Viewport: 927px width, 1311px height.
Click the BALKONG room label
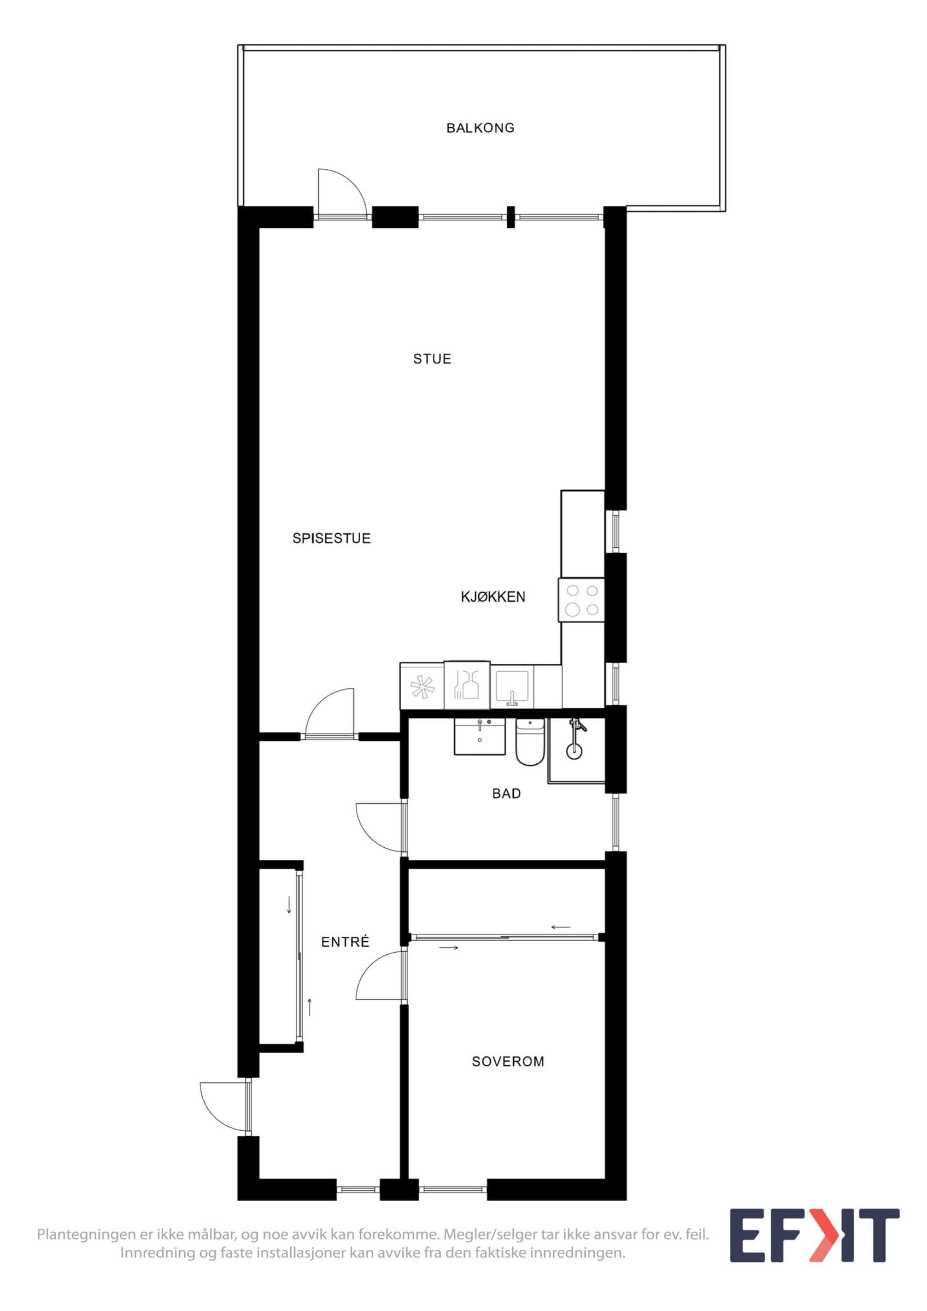pos(480,128)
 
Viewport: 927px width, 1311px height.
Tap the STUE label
pos(432,358)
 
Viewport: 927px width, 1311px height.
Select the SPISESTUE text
pos(331,538)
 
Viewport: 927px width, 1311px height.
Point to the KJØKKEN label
pos(493,597)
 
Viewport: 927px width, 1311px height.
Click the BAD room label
pos(507,793)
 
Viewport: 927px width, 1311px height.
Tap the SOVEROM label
pos(508,1061)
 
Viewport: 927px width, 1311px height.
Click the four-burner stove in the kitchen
pos(582,600)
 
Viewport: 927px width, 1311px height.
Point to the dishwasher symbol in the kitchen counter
pos(467,685)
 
